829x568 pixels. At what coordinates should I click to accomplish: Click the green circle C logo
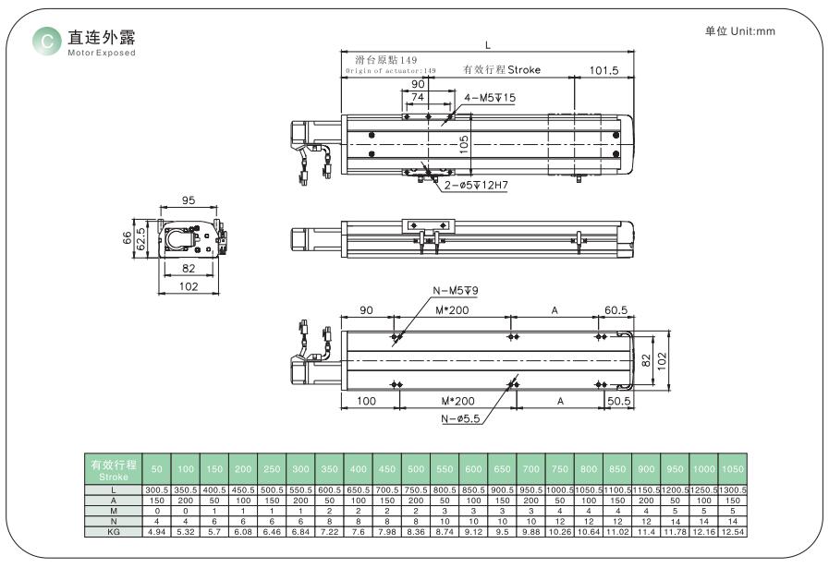click(x=47, y=41)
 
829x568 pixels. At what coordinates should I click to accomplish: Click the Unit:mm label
click(x=752, y=31)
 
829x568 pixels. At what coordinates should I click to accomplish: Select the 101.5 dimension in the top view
click(x=603, y=71)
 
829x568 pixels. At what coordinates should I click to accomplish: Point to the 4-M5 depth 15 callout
click(x=490, y=98)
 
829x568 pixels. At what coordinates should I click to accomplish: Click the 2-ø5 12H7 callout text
click(x=476, y=185)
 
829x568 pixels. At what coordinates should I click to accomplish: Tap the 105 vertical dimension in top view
click(x=464, y=145)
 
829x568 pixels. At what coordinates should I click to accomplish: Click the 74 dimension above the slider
click(x=418, y=97)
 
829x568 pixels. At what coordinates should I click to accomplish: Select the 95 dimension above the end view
click(x=189, y=200)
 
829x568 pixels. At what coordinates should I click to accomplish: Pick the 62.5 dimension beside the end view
click(x=140, y=239)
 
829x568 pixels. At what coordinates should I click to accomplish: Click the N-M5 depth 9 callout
click(x=456, y=291)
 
